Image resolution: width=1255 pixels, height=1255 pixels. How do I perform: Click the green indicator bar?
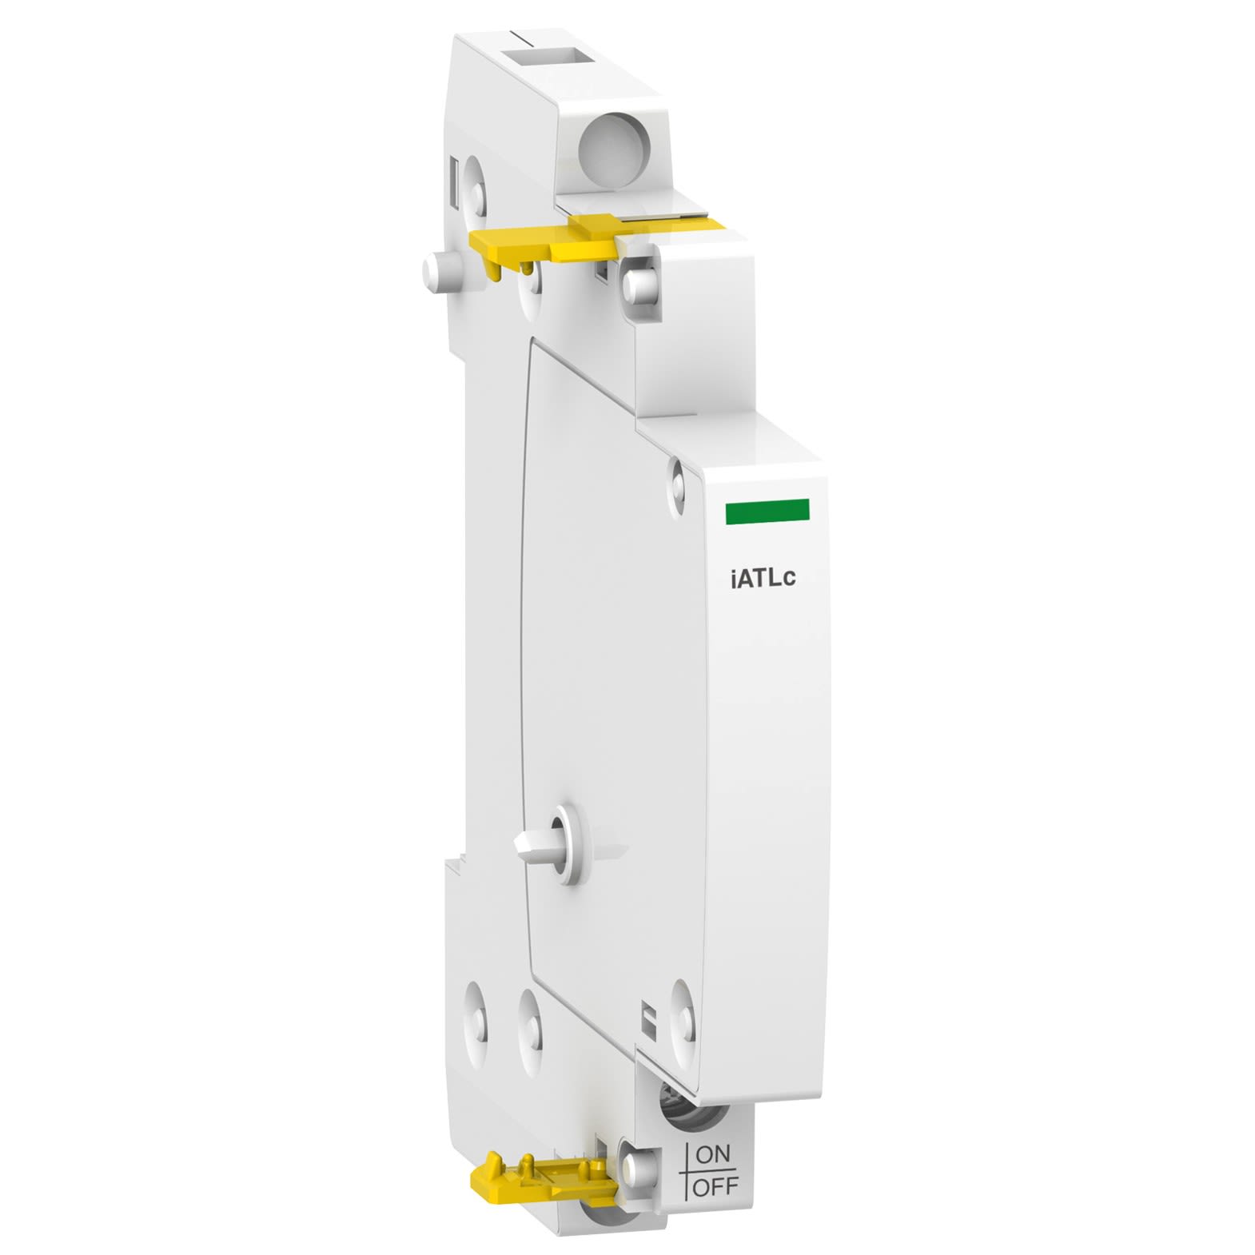point(767,512)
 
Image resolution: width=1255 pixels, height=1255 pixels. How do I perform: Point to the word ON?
point(713,1154)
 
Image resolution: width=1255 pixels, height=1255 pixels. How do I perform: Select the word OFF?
point(715,1187)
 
